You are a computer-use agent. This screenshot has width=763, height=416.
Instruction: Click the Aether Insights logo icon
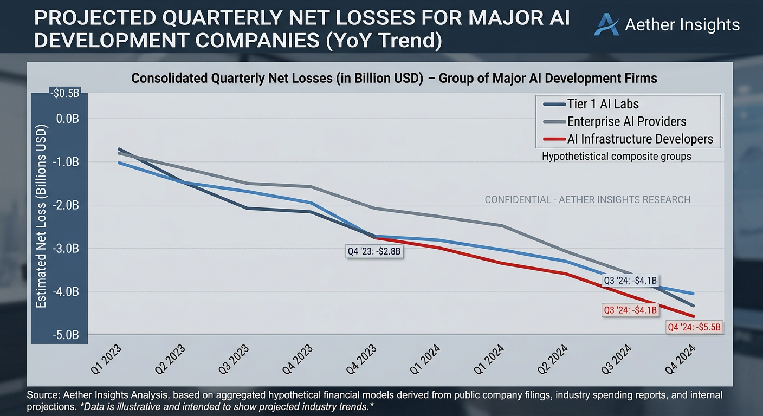(606, 24)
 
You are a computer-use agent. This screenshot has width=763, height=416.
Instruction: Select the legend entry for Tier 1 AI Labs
(591, 104)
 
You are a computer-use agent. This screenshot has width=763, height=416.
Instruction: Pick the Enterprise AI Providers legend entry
(615, 121)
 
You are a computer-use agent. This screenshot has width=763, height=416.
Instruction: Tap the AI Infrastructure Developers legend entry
(628, 139)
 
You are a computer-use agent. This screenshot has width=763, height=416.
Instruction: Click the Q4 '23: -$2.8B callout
(374, 251)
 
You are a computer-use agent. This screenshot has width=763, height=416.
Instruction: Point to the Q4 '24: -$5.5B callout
(694, 327)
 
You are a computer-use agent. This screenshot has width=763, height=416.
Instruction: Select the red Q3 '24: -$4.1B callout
(630, 310)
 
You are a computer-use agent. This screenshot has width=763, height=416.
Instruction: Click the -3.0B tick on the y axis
(66, 249)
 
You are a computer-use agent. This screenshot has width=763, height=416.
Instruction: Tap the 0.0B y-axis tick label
(67, 119)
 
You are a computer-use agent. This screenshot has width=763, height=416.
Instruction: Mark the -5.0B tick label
(66, 335)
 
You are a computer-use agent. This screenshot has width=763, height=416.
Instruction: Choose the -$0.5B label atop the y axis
(64, 93)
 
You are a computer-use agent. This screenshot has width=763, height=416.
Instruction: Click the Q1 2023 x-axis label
(106, 360)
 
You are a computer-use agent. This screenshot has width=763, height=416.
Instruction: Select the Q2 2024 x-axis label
(553, 360)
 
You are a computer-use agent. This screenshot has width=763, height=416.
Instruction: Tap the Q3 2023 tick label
(234, 360)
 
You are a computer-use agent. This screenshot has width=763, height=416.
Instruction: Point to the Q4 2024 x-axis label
(680, 360)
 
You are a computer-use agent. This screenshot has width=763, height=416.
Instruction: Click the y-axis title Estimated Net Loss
(41, 217)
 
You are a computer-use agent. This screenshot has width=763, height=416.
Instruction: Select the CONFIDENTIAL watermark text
(587, 199)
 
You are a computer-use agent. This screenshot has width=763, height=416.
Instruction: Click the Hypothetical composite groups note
(617, 156)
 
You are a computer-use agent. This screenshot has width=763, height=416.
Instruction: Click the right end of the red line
(694, 316)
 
